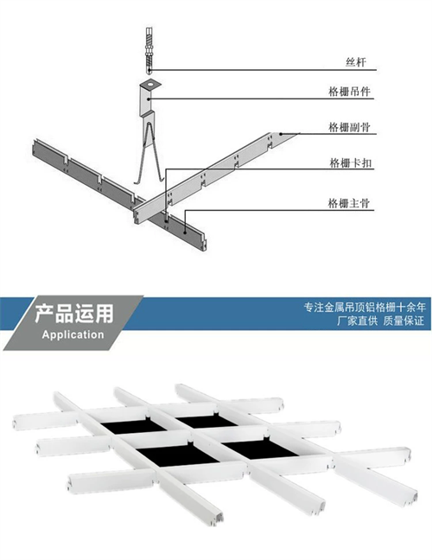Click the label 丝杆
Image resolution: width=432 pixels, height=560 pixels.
(356, 62)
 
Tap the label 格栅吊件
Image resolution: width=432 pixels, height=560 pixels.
(349, 92)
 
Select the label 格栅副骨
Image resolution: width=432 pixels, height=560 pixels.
(349, 127)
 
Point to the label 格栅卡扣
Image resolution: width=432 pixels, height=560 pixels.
(351, 163)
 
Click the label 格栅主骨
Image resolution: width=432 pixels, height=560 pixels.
(349, 203)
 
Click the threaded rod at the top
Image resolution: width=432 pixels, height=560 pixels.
(149, 50)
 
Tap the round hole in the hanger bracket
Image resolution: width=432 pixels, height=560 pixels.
(151, 84)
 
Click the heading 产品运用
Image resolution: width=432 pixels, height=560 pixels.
(74, 314)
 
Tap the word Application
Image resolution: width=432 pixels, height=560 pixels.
(73, 334)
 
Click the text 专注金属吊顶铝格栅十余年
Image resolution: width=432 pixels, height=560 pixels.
(365, 307)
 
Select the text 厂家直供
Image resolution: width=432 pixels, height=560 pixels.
(358, 321)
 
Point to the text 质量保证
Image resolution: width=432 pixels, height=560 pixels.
(403, 321)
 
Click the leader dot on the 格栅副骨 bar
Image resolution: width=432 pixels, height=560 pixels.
(281, 134)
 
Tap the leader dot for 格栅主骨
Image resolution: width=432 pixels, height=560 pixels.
(185, 232)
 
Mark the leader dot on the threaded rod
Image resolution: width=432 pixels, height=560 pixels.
(150, 70)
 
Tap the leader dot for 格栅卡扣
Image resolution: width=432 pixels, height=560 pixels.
(166, 221)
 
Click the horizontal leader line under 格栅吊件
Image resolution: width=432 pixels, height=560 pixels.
(261, 99)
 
